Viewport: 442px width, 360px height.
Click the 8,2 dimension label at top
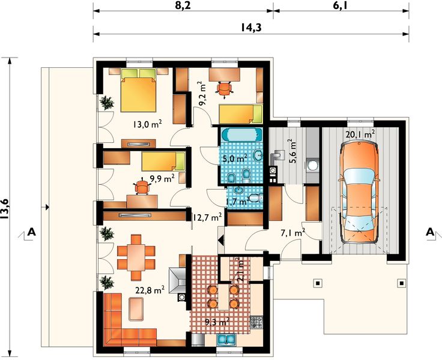(183, 5)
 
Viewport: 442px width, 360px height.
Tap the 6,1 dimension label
(341, 5)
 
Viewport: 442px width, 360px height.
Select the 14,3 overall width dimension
(251, 28)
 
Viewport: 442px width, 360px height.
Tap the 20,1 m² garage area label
(360, 134)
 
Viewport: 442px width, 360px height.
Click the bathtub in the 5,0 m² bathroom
(241, 134)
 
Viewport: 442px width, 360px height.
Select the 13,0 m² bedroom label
(147, 124)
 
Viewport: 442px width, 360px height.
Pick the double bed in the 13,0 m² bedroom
(138, 90)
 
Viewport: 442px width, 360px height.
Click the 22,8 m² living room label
(150, 290)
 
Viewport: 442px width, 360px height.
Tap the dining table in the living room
(136, 257)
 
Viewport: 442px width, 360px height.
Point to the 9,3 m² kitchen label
(217, 322)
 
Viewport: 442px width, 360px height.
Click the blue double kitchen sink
(227, 340)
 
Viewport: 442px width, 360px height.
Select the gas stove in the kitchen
(256, 323)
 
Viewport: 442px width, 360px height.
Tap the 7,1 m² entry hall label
(293, 233)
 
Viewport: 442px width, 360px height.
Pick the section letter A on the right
(430, 232)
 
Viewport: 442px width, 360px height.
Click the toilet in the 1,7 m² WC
(256, 199)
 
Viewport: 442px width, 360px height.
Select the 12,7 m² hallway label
(207, 217)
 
